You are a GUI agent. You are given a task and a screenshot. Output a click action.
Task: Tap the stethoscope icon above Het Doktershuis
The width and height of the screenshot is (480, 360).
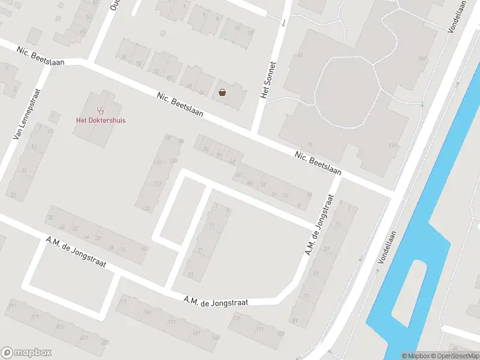[x=100, y=110]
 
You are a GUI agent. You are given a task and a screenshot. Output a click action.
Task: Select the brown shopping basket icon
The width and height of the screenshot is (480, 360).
[x=223, y=92]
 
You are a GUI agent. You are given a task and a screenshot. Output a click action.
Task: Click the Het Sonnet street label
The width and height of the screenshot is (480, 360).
[x=268, y=80]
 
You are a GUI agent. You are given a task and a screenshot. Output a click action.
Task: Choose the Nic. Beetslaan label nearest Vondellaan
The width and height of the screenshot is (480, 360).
[x=317, y=163]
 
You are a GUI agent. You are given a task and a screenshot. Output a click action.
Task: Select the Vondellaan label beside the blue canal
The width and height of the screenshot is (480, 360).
[x=388, y=249]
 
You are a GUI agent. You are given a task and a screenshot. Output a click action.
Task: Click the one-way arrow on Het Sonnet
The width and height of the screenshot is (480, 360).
[x=284, y=22]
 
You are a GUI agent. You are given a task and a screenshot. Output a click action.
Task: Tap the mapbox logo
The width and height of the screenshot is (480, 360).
[x=26, y=353]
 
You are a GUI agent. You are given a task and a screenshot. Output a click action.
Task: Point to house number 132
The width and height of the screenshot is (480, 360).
[x=147, y=208]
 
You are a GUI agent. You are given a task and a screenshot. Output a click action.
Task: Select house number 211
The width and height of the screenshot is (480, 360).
[x=123, y=301]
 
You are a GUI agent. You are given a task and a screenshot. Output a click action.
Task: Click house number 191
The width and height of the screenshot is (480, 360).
[x=147, y=312]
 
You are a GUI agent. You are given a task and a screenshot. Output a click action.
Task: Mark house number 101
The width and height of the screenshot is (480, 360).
[x=421, y=59]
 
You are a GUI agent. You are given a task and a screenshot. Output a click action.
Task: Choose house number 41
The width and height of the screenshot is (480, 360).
[x=300, y=56]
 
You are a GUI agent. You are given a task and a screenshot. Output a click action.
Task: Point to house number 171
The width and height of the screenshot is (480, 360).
[x=172, y=322]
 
